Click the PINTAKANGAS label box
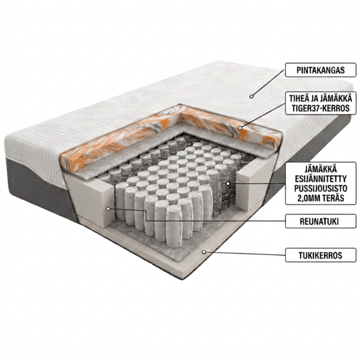pos(320,70)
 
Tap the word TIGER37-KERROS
pos(320,108)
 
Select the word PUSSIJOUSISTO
pos(320,188)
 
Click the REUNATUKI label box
pos(320,221)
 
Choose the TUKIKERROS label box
pos(320,255)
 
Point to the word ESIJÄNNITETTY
pos(320,179)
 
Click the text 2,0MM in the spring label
pos(308,198)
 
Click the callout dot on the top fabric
pos(251,97)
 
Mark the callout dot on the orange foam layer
pos(240,128)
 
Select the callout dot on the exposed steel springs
pos(228,184)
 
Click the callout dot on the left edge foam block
pos(109,208)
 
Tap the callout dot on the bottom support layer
pos(203,252)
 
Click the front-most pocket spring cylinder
pos(174,226)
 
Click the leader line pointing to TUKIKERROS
pos(245,253)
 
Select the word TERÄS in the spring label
pos(332,198)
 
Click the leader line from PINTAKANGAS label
pos(269,83)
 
